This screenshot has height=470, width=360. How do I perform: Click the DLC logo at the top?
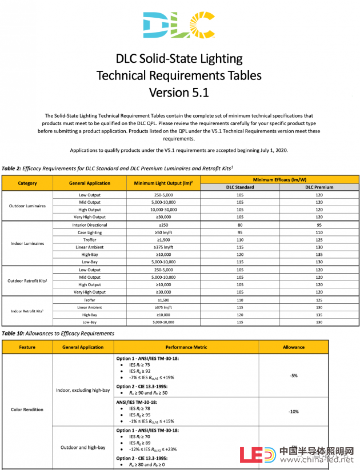[179, 25]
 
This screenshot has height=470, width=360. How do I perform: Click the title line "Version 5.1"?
[179, 92]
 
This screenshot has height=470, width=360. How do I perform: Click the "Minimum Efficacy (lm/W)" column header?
[280, 179]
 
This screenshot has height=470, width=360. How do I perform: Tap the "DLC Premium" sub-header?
[319, 187]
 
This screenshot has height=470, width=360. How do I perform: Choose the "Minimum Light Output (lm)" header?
[163, 183]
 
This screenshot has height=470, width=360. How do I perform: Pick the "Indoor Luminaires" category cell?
[27, 244]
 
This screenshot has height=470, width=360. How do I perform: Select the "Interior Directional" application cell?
[90, 225]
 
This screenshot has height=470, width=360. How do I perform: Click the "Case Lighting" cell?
[90, 232]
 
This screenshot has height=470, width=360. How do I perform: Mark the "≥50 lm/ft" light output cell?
[163, 232]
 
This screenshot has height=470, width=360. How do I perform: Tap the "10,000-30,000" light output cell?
[163, 210]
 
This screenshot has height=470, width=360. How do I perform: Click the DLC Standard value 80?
[240, 225]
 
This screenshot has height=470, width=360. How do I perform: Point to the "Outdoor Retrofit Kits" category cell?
[27, 281]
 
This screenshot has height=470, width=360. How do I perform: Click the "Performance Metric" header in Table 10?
[186, 347]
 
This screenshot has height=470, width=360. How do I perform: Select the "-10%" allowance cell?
[294, 411]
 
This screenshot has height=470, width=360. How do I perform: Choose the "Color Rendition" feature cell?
[27, 409]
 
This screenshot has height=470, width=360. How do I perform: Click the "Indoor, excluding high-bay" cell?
[83, 390]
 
